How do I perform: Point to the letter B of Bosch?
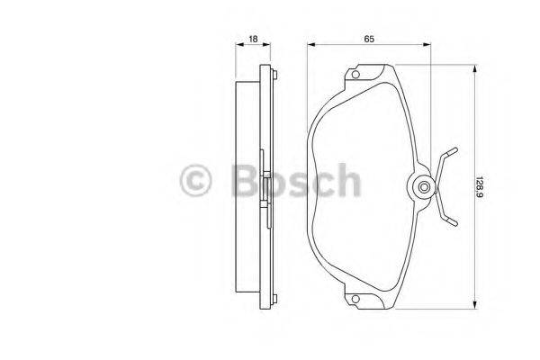coord(240,182)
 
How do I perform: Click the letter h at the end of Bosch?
coord(346,182)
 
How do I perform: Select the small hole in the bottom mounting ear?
coord(356,301)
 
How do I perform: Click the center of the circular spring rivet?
coord(424,187)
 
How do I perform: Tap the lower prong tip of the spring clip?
coord(456,222)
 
